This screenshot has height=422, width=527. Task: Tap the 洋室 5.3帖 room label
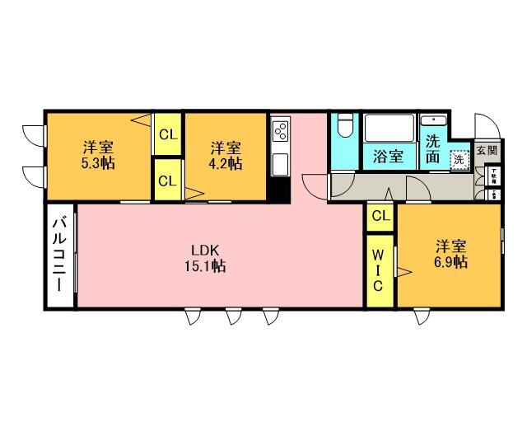[98, 155]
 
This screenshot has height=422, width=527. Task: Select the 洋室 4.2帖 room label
[225, 155]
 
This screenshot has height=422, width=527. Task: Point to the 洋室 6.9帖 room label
[451, 254]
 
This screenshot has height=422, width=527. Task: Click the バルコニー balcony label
[60, 256]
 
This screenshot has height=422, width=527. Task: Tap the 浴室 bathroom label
[388, 155]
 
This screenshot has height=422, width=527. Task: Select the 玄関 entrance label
[487, 151]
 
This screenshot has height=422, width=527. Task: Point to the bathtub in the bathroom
[389, 129]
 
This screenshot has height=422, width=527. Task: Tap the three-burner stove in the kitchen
[280, 131]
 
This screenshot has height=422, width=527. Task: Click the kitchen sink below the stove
[280, 163]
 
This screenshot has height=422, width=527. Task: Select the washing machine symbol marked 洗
[458, 158]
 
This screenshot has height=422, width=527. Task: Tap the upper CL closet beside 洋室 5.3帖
[167, 134]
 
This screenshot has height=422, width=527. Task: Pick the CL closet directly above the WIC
[380, 216]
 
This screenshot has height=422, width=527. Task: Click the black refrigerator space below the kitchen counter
[280, 189]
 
